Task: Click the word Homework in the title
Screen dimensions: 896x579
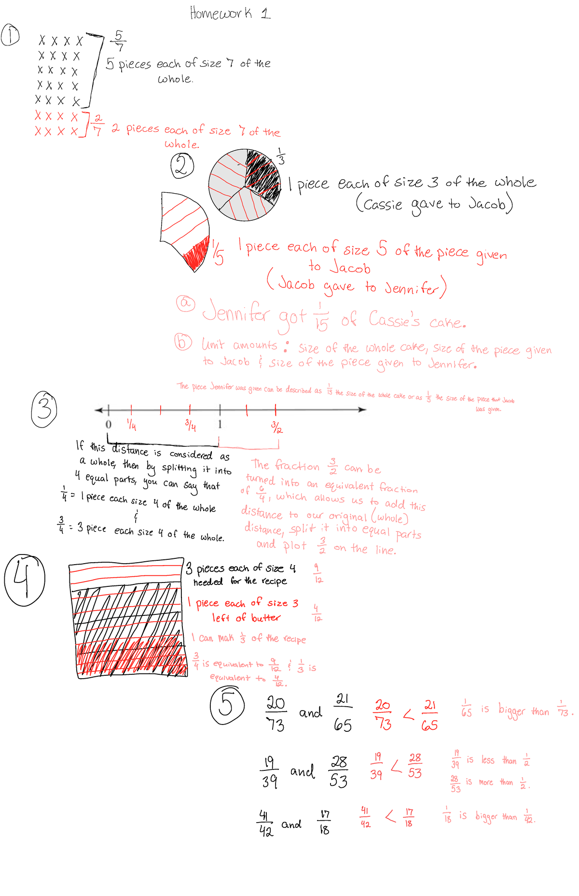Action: pyautogui.click(x=221, y=13)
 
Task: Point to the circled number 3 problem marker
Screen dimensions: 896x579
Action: pyautogui.click(x=44, y=409)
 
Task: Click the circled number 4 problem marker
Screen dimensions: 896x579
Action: pyautogui.click(x=24, y=579)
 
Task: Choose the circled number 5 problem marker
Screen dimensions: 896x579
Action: pyautogui.click(x=227, y=705)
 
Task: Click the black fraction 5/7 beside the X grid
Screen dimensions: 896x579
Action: pyautogui.click(x=119, y=41)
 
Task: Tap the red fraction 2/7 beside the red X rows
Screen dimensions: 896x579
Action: pyautogui.click(x=97, y=124)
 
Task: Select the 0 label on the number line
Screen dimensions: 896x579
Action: pyautogui.click(x=109, y=424)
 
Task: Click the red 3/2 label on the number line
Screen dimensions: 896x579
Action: pyautogui.click(x=276, y=427)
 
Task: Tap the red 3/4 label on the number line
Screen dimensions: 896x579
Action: pyautogui.click(x=191, y=426)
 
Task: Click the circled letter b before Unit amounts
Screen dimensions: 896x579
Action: pyautogui.click(x=183, y=342)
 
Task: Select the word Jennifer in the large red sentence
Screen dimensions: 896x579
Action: pyautogui.click(x=236, y=312)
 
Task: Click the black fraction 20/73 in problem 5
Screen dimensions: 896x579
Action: pyautogui.click(x=276, y=713)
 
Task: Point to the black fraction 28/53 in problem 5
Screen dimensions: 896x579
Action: pyautogui.click(x=339, y=771)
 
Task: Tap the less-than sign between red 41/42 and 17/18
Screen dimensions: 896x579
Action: pyautogui.click(x=390, y=817)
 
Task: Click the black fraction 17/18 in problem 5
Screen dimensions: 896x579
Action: pyautogui.click(x=325, y=822)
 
